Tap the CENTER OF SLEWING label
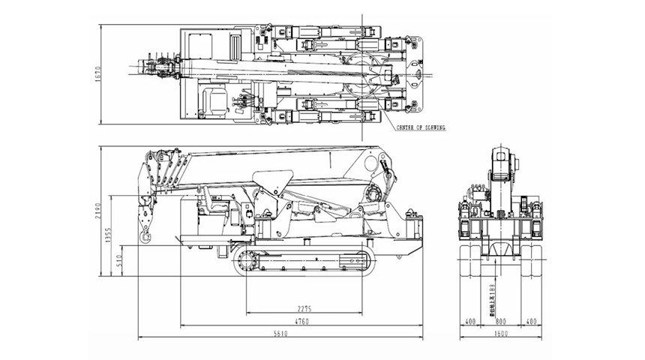coord(422,128)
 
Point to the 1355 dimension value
coord(107,235)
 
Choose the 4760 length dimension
coord(301,322)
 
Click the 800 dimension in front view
coord(501,322)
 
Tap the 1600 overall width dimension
coord(501,335)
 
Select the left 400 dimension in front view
coord(470,322)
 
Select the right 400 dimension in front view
coord(532,322)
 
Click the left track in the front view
coord(472,259)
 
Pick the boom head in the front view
coord(502,161)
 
